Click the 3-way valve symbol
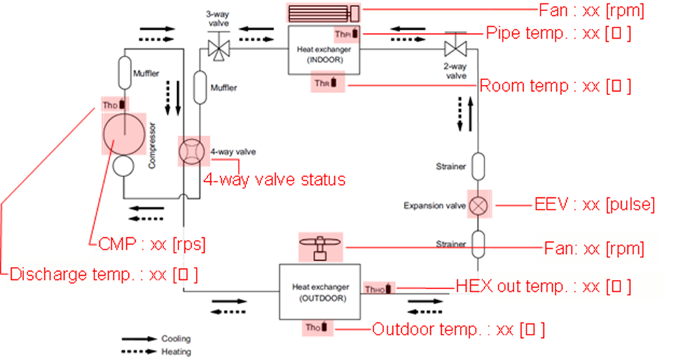point(219,48)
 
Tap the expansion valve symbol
point(478,206)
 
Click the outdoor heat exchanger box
point(319,292)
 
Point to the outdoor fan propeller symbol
point(321,246)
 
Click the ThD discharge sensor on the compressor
point(115,104)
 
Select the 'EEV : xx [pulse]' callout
point(594,206)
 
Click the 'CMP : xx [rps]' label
point(148,244)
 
